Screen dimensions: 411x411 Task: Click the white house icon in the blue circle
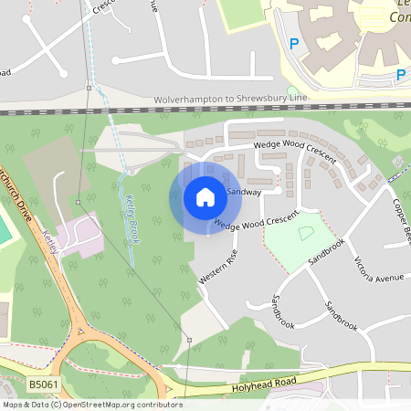point(205,196)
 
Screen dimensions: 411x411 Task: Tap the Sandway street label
point(245,193)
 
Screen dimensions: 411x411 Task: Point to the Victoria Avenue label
point(378,270)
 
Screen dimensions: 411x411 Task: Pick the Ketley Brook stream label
point(131,212)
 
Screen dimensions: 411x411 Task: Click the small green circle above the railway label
point(292,90)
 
